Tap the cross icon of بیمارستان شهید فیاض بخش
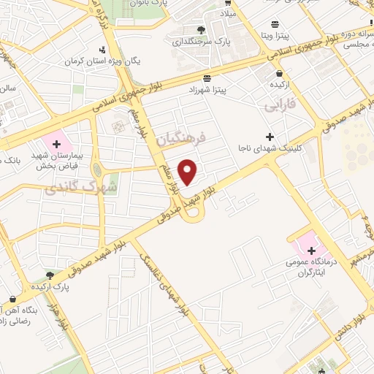[x=56, y=144]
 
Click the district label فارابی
[x=278, y=107]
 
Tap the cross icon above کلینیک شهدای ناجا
[x=270, y=137]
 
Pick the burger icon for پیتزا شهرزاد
[x=208, y=77]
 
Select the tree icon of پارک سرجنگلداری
[x=201, y=30]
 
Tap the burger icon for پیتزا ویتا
[x=275, y=24]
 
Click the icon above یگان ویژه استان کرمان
[x=102, y=50]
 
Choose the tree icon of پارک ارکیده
[x=50, y=275]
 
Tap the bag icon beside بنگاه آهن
[x=13, y=298]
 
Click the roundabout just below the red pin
[x=193, y=213]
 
